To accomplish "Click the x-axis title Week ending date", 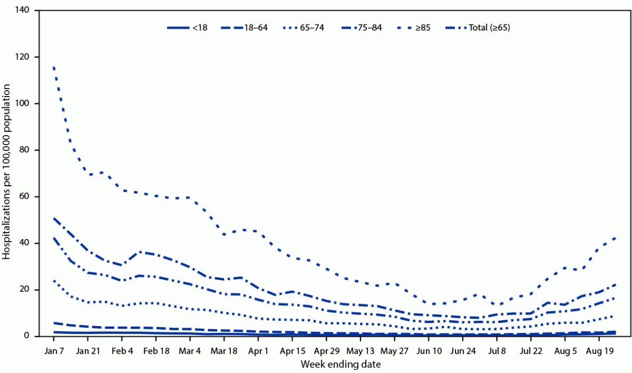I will click(x=334, y=364).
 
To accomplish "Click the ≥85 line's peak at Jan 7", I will click(x=54, y=66).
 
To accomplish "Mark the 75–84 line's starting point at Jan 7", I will click(x=54, y=218).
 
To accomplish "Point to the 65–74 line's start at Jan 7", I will click(x=54, y=280).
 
